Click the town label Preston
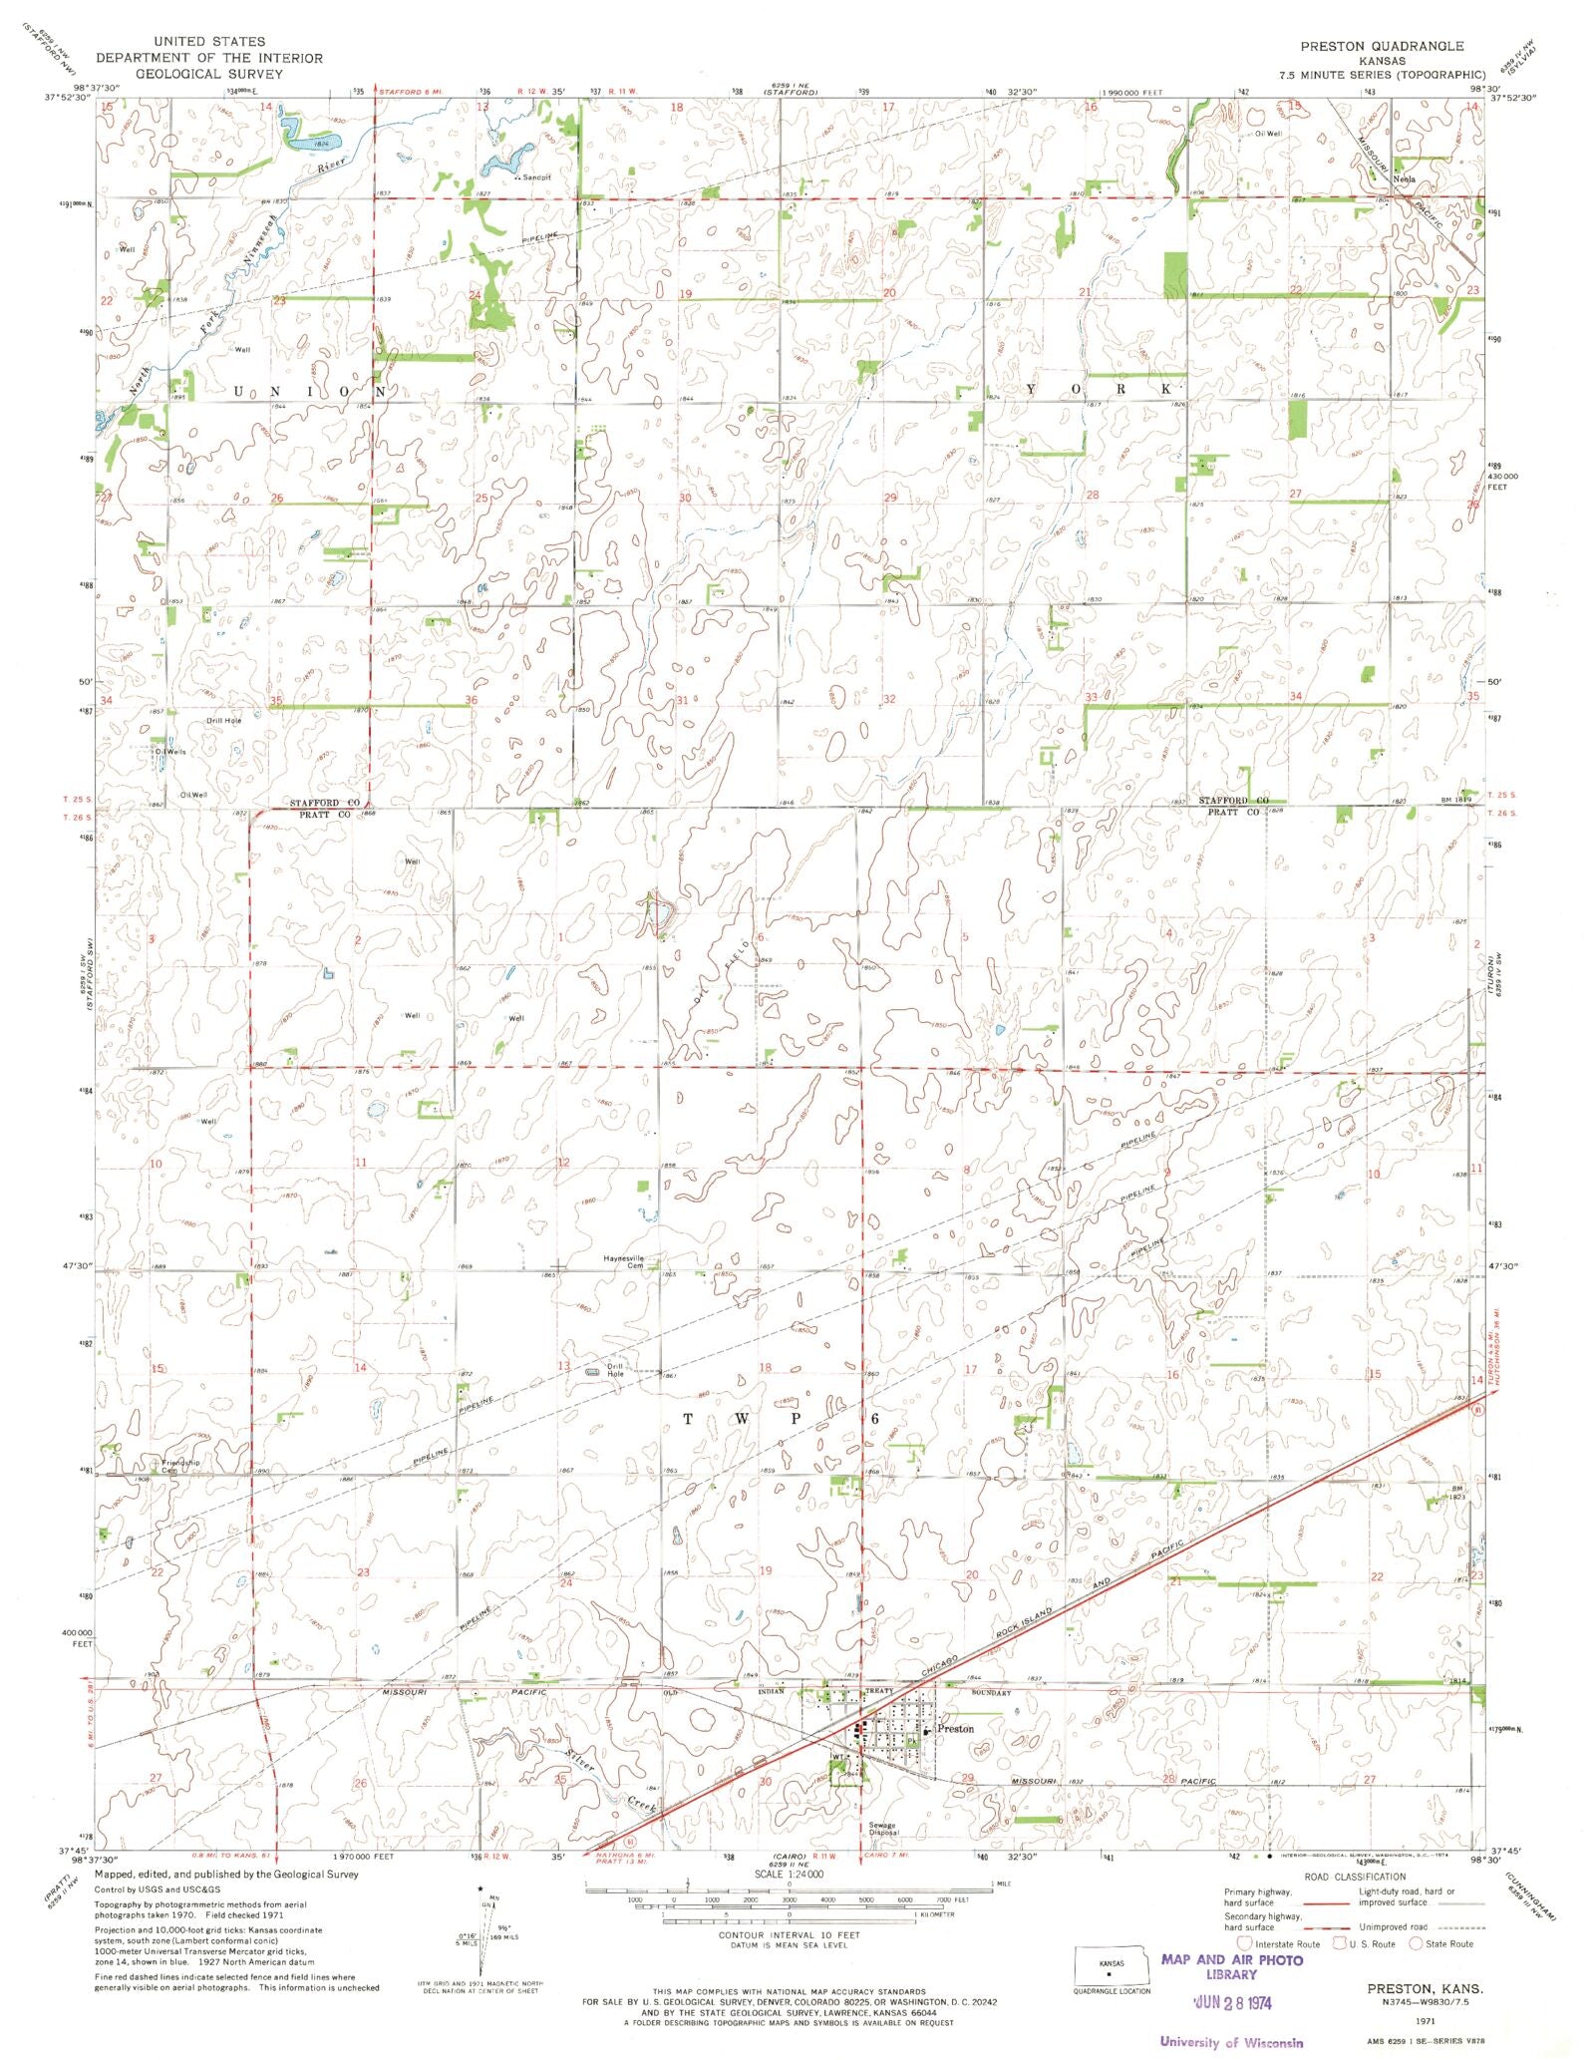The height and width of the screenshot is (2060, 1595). [x=956, y=1728]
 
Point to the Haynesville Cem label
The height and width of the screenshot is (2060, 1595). [x=624, y=1261]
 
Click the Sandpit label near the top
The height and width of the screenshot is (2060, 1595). [x=532, y=178]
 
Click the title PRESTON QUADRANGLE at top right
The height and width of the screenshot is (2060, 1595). [x=1382, y=46]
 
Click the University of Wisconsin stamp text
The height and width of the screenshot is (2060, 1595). [x=1231, y=2041]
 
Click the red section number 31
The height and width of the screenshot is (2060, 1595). [x=683, y=700]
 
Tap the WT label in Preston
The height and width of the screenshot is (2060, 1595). [x=838, y=1757]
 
